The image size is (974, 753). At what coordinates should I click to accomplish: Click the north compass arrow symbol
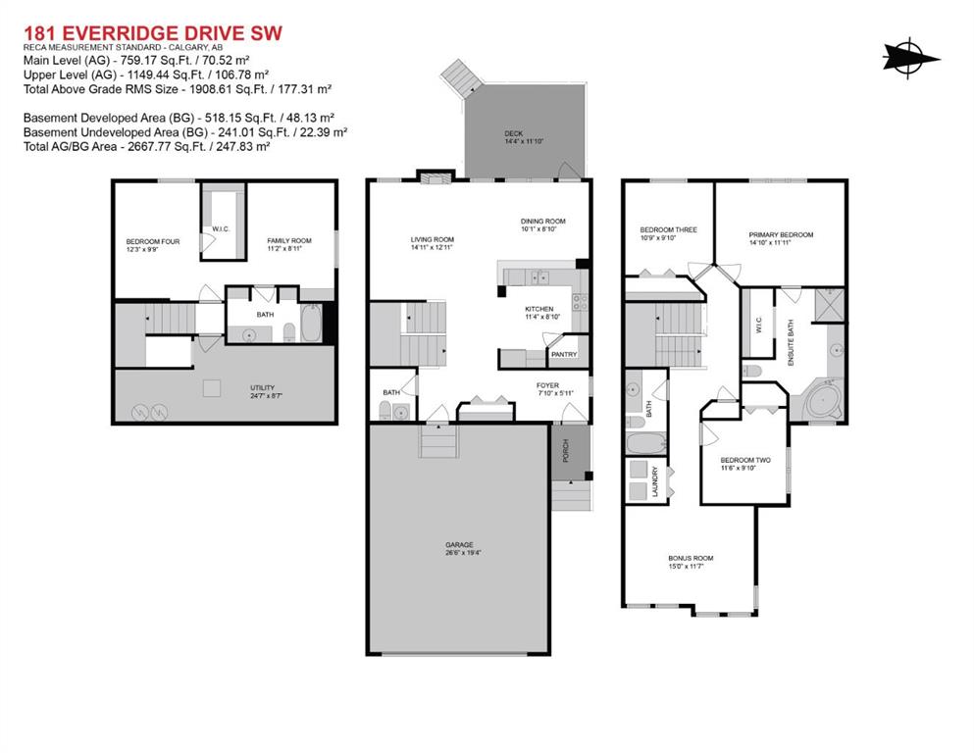(910, 59)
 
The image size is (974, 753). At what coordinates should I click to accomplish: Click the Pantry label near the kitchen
(564, 355)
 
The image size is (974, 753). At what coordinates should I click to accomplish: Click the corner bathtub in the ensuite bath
(822, 402)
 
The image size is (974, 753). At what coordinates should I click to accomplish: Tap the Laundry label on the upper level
(654, 481)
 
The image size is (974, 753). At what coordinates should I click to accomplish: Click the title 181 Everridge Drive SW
(153, 32)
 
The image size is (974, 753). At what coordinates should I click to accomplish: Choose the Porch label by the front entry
(566, 451)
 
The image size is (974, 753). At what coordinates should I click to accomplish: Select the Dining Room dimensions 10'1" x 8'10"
(538, 228)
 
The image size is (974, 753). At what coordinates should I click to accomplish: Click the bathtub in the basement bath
(311, 323)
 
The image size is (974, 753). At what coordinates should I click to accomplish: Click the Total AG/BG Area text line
(146, 146)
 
